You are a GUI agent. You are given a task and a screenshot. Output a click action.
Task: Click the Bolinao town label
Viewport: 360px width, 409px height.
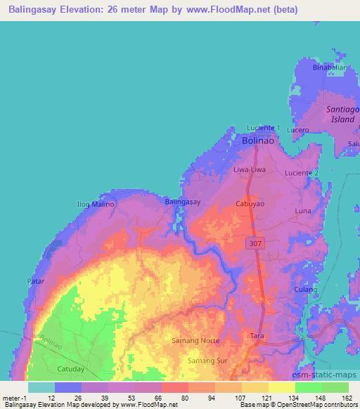[x=257, y=141]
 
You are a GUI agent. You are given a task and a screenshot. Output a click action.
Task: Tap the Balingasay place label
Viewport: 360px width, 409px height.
[x=183, y=202]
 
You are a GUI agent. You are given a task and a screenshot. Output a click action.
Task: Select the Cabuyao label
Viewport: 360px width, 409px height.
[x=249, y=202]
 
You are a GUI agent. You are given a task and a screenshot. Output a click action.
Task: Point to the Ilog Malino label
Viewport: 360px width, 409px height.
[x=91, y=204]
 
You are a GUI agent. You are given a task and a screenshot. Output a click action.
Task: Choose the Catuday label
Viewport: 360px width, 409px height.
[x=70, y=368]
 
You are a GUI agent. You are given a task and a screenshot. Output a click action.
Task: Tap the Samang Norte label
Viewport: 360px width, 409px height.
[x=195, y=341]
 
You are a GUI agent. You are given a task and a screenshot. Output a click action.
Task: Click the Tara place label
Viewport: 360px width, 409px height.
[x=257, y=337]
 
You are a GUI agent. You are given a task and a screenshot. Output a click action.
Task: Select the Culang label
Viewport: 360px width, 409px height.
[x=307, y=289]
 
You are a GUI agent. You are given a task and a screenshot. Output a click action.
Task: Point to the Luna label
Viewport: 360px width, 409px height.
[x=304, y=211]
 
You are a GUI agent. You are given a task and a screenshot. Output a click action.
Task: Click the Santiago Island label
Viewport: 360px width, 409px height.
[x=342, y=115]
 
